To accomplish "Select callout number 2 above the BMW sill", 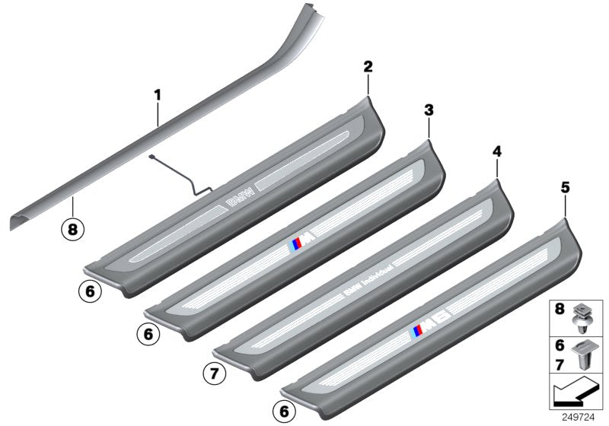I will pyautogui.click(x=368, y=67).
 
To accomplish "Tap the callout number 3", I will pyautogui.click(x=429, y=111).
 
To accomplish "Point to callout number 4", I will pyautogui.click(x=496, y=152).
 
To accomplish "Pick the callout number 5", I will pyautogui.click(x=564, y=185).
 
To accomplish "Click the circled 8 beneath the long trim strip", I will pyautogui.click(x=72, y=227).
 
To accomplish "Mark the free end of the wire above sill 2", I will pyautogui.click(x=151, y=157).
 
